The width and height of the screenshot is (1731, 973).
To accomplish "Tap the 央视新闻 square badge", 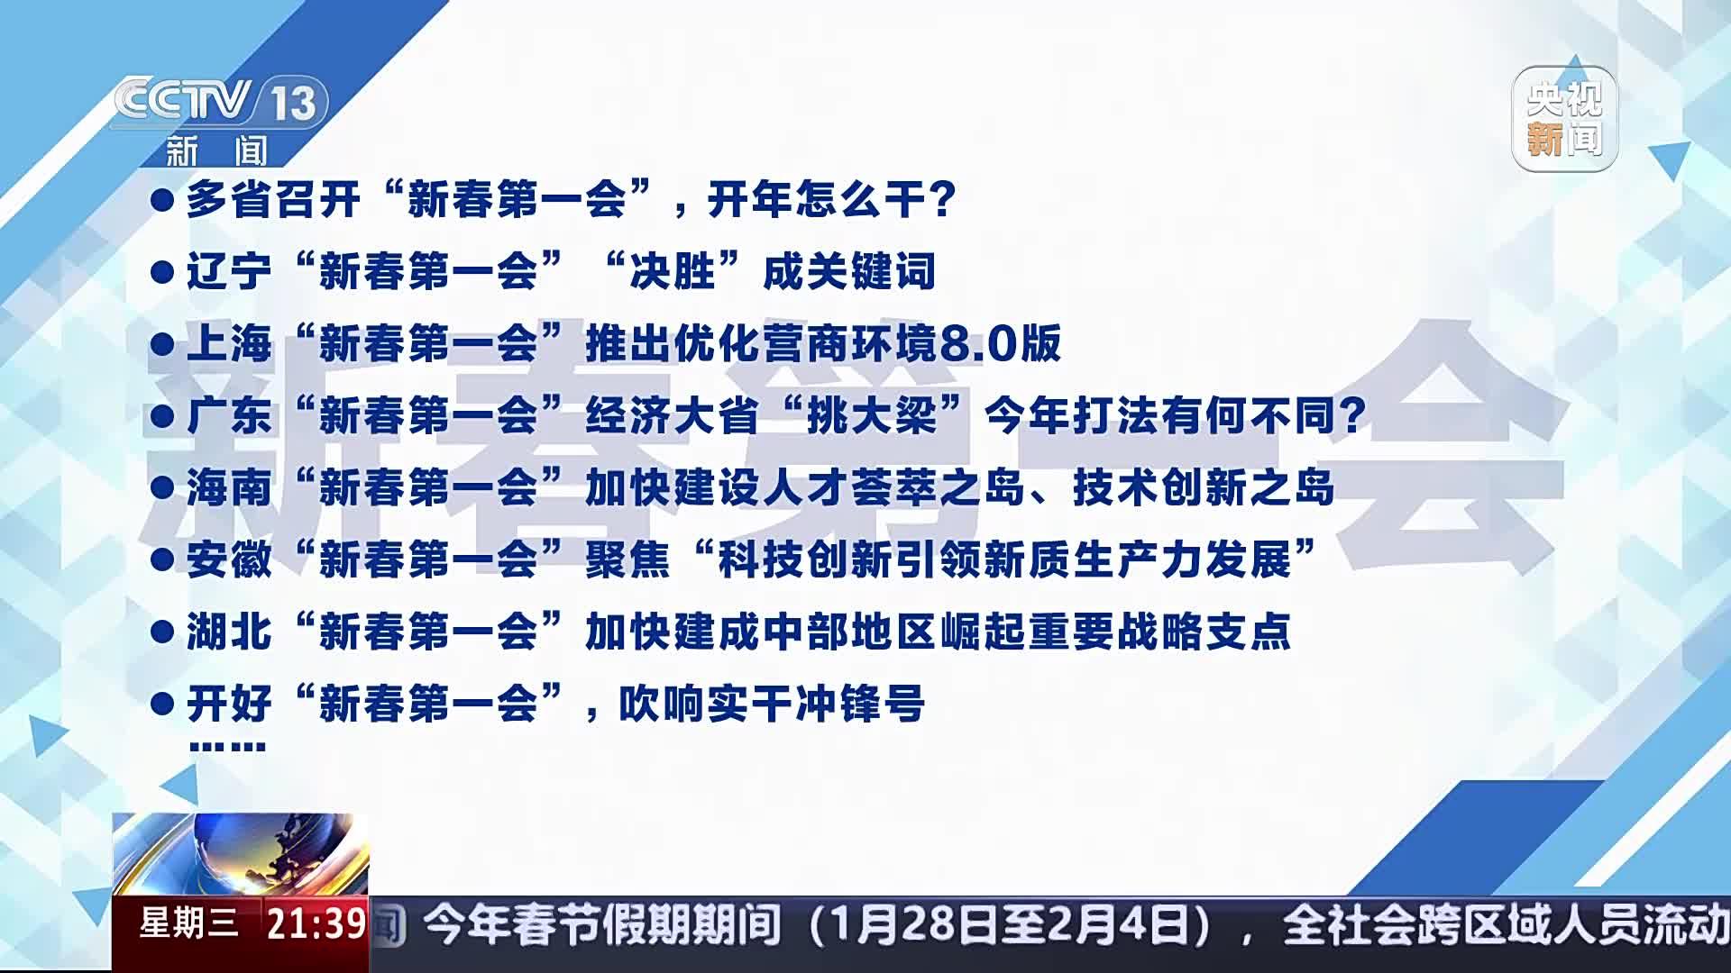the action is pyautogui.click(x=1565, y=119).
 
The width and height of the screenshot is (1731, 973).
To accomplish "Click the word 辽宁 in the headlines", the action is pyautogui.click(x=229, y=271).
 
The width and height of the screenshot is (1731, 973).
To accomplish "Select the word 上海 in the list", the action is pyautogui.click(x=229, y=343).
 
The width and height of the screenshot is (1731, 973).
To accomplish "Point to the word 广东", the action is pyautogui.click(x=229, y=415).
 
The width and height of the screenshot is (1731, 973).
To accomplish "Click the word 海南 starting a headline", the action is pyautogui.click(x=229, y=487).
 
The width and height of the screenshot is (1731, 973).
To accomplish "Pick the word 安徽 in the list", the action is pyautogui.click(x=229, y=559).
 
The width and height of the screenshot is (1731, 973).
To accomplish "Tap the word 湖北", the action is pyautogui.click(x=229, y=632).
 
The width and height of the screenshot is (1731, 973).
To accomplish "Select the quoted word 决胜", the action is pyautogui.click(x=673, y=271).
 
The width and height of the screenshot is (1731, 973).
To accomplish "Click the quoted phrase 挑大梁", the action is pyautogui.click(x=872, y=415).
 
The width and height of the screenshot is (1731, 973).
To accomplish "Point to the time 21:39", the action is pyautogui.click(x=316, y=923).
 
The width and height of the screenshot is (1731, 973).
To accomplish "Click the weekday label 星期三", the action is pyautogui.click(x=189, y=923).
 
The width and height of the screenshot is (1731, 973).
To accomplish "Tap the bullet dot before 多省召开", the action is pyautogui.click(x=162, y=200).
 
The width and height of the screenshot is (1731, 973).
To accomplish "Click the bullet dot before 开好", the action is pyautogui.click(x=162, y=704).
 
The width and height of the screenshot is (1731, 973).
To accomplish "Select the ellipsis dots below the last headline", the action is pyautogui.click(x=227, y=746).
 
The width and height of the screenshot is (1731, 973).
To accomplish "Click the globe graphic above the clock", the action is pyautogui.click(x=241, y=855).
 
